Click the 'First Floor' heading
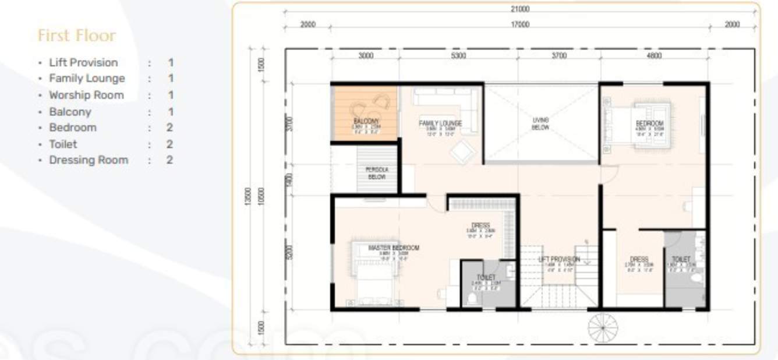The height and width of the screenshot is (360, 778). (76, 36)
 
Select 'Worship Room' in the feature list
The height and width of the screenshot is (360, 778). (86, 95)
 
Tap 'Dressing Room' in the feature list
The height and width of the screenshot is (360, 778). (89, 160)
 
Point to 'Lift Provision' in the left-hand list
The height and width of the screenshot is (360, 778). (83, 62)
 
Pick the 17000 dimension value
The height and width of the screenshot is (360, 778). (519, 24)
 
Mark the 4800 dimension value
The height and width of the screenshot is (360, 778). (654, 56)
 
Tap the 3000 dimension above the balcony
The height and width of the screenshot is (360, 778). (365, 56)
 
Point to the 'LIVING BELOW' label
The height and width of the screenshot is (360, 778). (540, 123)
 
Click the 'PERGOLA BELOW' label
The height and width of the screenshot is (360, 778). (377, 173)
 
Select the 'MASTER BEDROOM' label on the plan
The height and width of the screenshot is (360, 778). (394, 248)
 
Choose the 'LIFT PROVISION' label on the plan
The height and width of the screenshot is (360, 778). (559, 259)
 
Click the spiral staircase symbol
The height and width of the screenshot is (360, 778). (603, 327)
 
